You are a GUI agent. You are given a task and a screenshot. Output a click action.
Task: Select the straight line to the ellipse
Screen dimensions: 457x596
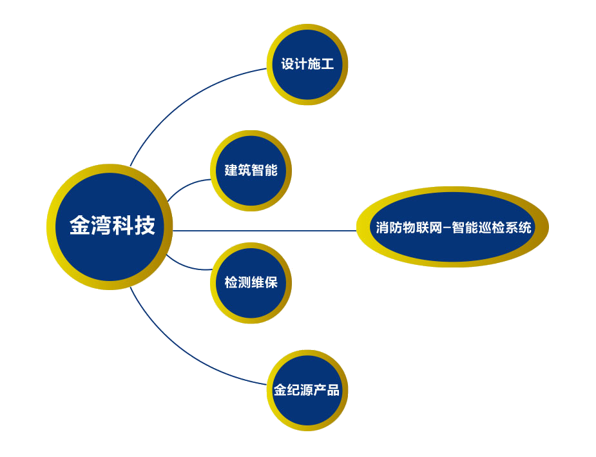coord(264,230)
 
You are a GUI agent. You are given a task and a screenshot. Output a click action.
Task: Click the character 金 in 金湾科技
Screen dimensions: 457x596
coord(79,226)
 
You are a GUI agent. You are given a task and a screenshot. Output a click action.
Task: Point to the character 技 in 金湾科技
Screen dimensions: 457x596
coord(145,226)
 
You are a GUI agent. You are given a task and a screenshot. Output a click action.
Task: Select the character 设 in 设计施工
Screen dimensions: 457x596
coord(287,64)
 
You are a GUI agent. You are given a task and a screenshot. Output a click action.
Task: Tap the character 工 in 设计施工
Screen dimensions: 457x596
coord(327,64)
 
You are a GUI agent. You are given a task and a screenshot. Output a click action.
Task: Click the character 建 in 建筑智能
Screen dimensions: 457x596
coord(231,170)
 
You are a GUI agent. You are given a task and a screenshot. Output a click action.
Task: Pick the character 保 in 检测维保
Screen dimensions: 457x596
coord(271,282)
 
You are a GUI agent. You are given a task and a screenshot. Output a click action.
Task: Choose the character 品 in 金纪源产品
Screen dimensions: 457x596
coord(332,390)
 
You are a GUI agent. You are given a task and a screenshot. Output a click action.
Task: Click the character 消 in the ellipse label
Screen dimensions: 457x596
coord(382,228)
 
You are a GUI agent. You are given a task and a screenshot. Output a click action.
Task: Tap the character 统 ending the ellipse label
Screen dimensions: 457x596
coord(525,228)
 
